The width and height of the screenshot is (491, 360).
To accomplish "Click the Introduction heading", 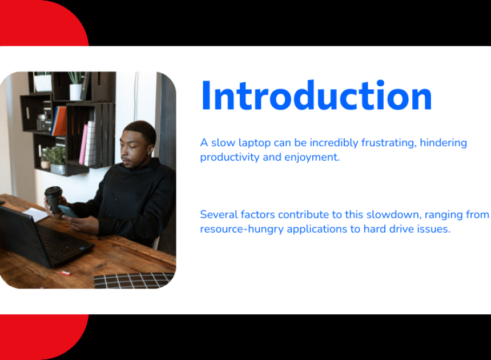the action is point(317,95).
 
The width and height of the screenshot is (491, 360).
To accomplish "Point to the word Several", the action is point(219,215).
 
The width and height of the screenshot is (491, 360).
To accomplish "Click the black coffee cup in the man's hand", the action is point(54,199).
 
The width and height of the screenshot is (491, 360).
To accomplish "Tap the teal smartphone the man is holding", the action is point(67,211).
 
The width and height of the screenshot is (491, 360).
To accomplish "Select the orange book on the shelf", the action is point(59,121).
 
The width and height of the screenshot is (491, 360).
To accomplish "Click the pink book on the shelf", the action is point(83,145).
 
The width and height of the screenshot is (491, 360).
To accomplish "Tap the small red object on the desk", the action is point(66,273).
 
